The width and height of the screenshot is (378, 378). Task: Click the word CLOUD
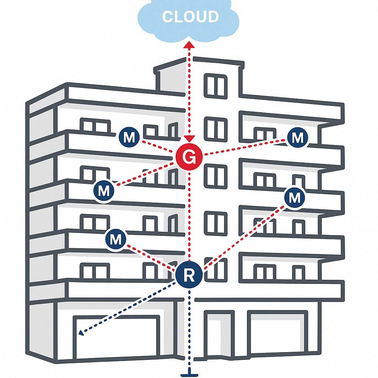point(190,17)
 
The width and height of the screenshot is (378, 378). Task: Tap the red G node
point(189,157)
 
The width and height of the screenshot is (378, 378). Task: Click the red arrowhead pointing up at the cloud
point(189,45)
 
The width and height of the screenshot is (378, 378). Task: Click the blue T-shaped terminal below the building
point(189,374)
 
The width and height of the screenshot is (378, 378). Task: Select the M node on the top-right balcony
point(297,138)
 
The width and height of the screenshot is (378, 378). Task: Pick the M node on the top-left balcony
point(129,138)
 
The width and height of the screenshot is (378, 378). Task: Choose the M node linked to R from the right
point(295,198)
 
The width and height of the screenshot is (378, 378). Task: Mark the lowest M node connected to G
point(104,191)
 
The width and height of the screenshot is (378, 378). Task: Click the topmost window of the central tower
point(216,86)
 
